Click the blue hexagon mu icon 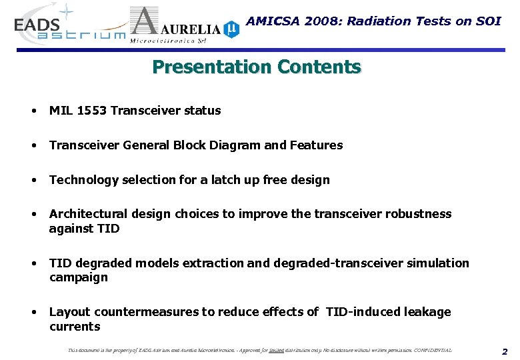tap(231, 29)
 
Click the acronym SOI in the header tap(487, 21)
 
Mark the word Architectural tap(87, 214)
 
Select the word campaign tap(78, 277)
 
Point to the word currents tap(75, 327)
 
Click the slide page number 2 tap(505, 351)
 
